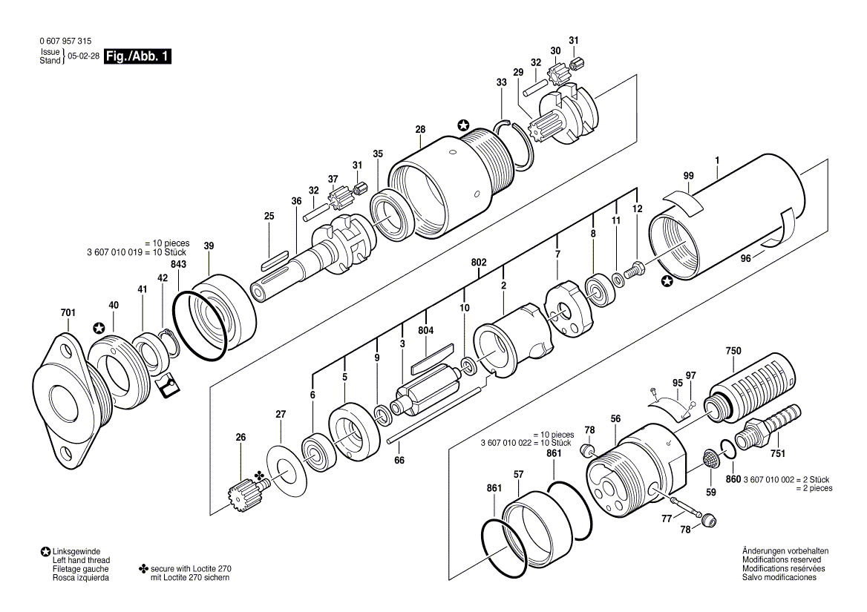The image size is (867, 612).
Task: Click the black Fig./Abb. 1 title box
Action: [138, 56]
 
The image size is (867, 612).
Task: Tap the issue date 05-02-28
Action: [83, 56]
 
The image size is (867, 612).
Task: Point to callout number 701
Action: [68, 313]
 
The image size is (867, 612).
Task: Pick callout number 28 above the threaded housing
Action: [420, 129]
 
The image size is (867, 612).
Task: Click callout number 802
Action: [479, 263]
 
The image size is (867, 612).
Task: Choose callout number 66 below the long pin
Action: [399, 460]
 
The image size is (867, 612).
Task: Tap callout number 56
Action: [615, 419]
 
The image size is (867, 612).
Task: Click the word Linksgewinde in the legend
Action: [76, 552]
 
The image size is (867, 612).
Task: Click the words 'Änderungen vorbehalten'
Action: [785, 551]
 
